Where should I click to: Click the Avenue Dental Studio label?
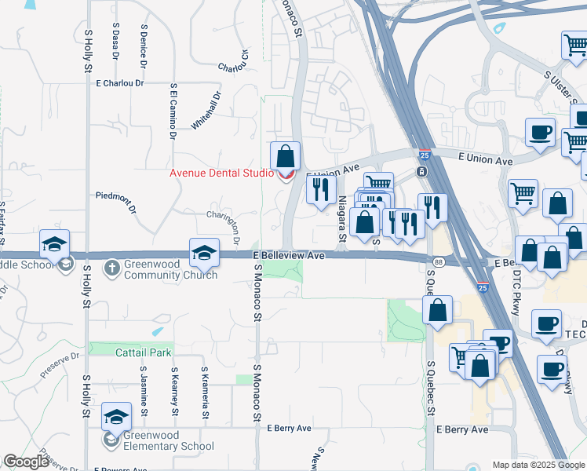pos(222,173)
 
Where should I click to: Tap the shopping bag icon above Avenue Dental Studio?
pos(286,155)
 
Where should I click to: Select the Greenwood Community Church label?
pos(172,270)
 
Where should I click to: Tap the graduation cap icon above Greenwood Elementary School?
pos(116,418)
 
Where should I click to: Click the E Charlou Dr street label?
pos(120,82)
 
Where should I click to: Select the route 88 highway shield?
pos(437,261)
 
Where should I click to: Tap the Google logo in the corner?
pos(26,462)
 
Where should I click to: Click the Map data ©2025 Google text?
pos(538,465)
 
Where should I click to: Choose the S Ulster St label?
pos(563,86)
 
